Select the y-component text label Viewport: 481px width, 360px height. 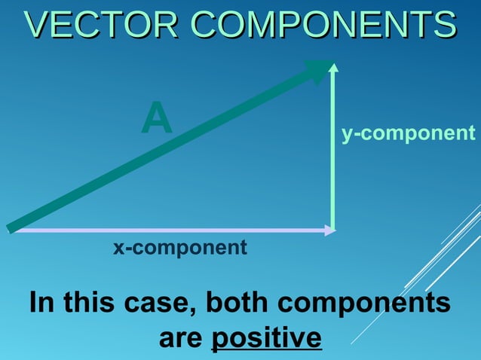click(x=408, y=133)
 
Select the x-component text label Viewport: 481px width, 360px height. click(x=179, y=247)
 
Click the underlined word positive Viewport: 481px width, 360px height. click(x=266, y=337)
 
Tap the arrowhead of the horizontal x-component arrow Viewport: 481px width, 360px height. click(x=329, y=230)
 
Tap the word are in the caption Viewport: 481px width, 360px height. click(x=182, y=337)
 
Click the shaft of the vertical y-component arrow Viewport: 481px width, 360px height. click(x=333, y=151)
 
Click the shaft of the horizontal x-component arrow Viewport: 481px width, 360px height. click(x=173, y=230)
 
